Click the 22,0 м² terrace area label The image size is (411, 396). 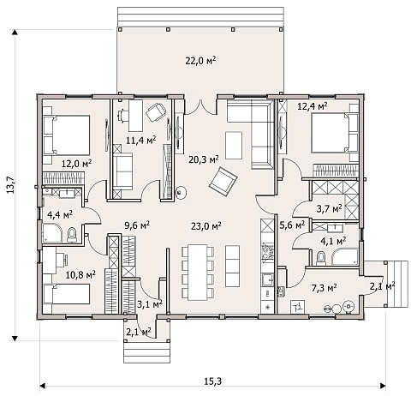[200, 60]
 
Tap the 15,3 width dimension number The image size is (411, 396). [213, 381]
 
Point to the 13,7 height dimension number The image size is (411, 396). [10, 184]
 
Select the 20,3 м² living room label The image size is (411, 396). [204, 159]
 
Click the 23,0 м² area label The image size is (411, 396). [206, 226]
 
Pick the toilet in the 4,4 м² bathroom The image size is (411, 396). [72, 235]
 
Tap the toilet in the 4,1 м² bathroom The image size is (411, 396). [321, 258]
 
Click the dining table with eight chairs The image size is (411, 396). [198, 272]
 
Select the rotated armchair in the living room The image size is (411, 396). [223, 182]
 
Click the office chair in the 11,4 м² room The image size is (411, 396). [156, 111]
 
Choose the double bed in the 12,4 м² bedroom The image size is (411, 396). [335, 133]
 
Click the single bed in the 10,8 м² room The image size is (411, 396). [67, 294]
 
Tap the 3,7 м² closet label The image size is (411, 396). [329, 209]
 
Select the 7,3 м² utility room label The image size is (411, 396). [324, 288]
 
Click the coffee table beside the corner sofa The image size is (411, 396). [234, 146]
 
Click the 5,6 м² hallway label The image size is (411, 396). [292, 225]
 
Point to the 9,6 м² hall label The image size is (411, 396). [137, 225]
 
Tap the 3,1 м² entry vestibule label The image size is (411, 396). [150, 304]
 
